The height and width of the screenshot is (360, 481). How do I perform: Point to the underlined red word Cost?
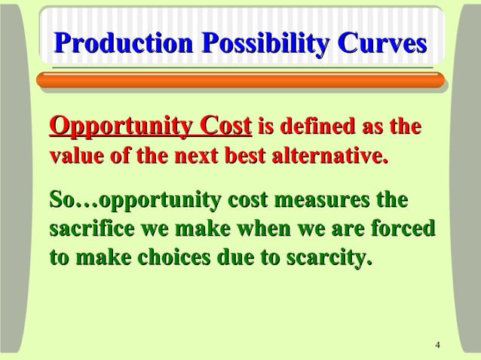pos(224,125)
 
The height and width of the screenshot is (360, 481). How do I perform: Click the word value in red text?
pos(76,158)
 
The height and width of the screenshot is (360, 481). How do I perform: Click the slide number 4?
pos(438,345)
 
